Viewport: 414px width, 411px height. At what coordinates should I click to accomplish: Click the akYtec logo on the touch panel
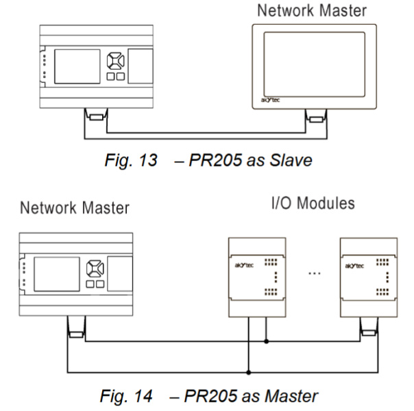click(268, 98)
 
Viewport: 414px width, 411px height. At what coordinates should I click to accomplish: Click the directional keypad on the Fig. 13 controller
click(114, 60)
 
